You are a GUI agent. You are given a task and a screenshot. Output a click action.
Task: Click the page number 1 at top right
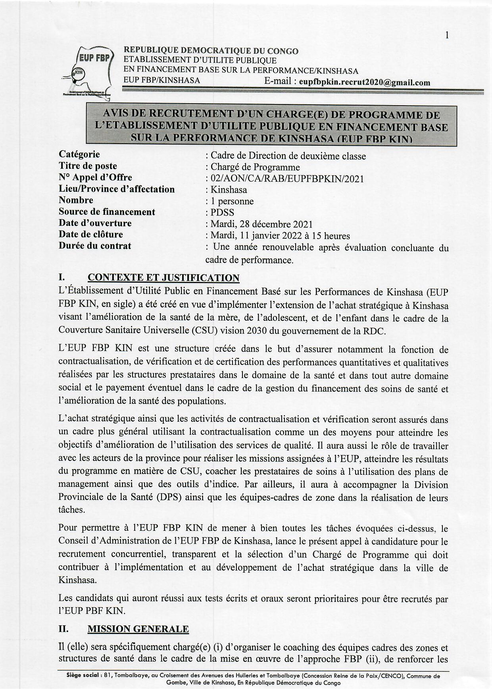[447, 36]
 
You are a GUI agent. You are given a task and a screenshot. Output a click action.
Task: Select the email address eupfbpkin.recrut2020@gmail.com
[364, 83]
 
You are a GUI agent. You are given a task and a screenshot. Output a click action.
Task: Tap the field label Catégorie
[79, 154]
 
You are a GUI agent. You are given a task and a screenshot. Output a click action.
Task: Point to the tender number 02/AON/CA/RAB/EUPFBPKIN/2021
[287, 179]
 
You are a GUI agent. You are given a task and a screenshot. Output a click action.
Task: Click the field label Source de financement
[107, 212]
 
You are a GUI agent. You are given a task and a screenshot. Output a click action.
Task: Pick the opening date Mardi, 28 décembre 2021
[262, 225]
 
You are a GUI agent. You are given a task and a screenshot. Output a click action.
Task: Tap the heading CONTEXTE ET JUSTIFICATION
[163, 278]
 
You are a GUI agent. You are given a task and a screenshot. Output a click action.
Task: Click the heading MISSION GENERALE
[138, 629]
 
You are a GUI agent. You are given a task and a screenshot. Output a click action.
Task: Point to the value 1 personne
[232, 201]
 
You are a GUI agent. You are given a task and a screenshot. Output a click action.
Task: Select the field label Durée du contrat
[95, 246]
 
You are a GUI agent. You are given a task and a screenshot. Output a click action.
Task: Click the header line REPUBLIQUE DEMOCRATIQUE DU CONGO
[211, 51]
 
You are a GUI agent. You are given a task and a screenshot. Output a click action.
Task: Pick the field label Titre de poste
[88, 166]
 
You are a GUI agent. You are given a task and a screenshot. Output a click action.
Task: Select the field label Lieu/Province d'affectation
[117, 189]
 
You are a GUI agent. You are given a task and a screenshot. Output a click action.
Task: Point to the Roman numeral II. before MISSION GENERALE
[63, 629]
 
